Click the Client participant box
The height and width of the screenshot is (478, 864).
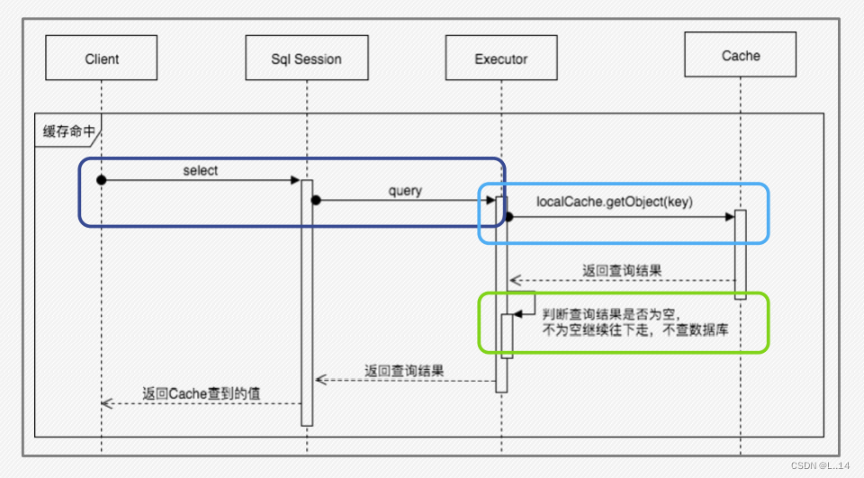tap(102, 59)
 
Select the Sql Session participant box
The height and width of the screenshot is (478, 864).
tap(306, 59)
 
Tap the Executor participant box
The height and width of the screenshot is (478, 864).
tap(501, 59)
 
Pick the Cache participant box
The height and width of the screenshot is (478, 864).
tap(741, 56)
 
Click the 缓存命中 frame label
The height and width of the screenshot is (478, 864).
tap(68, 131)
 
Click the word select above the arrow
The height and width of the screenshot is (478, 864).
tap(200, 170)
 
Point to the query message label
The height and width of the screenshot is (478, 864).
tap(405, 191)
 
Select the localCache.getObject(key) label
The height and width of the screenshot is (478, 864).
tap(614, 202)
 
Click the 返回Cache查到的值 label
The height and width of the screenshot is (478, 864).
tap(202, 392)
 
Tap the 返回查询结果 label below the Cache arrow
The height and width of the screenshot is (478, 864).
tap(622, 271)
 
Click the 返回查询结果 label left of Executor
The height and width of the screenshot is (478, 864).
tap(404, 370)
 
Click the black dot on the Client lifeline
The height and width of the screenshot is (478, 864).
tap(102, 180)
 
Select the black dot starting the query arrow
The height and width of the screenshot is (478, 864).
tap(317, 200)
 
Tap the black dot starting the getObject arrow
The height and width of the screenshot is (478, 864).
tap(508, 217)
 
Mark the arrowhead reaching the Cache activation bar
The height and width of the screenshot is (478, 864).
tap(730, 217)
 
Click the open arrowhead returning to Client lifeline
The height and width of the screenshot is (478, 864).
tap(105, 403)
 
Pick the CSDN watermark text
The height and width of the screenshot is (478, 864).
tap(819, 465)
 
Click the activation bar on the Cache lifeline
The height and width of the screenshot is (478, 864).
tap(741, 254)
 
